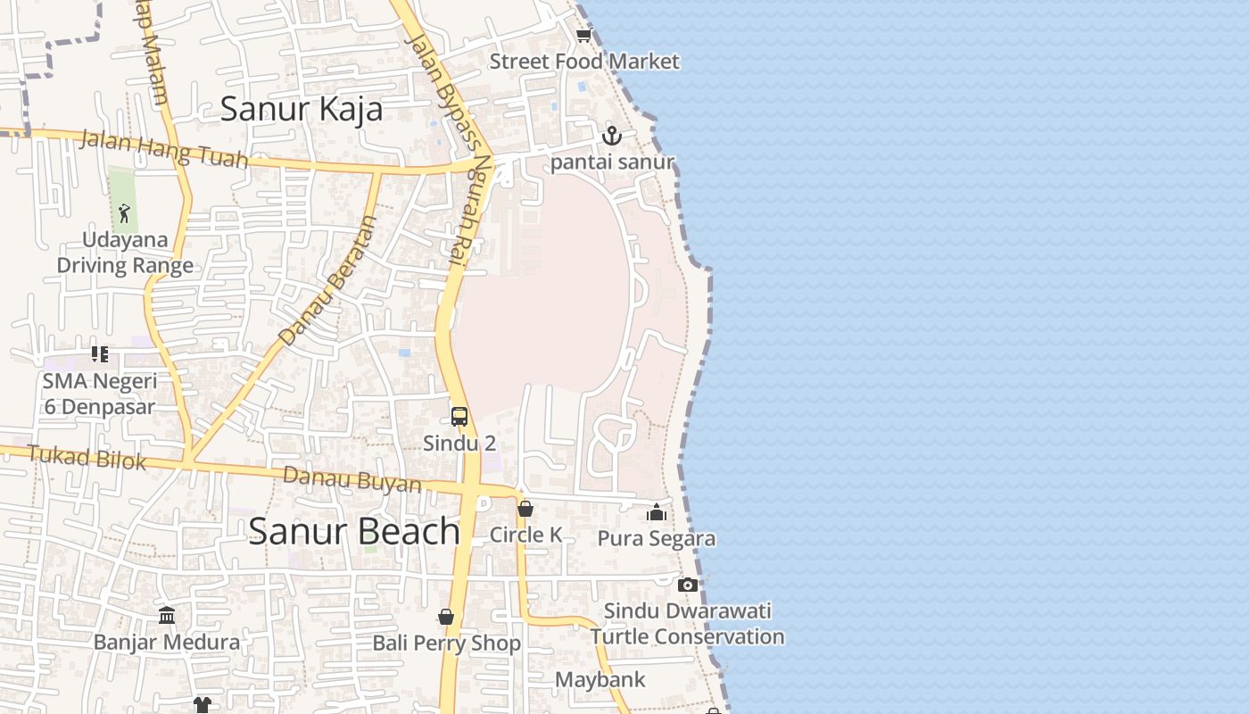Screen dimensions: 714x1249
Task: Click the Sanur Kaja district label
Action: (x=302, y=109)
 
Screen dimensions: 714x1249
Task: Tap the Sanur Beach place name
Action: (x=354, y=531)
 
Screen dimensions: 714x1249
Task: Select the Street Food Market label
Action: (x=584, y=62)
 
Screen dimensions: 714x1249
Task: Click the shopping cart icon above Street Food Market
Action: (x=583, y=36)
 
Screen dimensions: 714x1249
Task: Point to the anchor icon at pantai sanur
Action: (x=611, y=136)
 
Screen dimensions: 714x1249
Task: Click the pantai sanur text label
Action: (x=612, y=162)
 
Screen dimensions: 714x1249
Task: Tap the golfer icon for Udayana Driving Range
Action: (x=124, y=213)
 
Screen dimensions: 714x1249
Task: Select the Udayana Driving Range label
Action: (x=125, y=253)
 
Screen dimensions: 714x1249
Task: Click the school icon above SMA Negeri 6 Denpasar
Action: (x=100, y=354)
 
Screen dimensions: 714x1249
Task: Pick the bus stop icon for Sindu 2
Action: (x=459, y=416)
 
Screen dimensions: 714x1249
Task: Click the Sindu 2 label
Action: (x=459, y=444)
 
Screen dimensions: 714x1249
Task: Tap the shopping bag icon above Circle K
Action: (x=525, y=509)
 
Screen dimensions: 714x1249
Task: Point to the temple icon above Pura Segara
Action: (x=657, y=512)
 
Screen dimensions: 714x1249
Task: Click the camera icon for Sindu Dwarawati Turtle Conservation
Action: (x=687, y=585)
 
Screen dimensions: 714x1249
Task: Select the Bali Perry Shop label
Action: (x=446, y=643)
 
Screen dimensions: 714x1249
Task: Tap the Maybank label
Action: (x=600, y=680)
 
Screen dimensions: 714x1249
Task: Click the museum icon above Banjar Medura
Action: (x=167, y=615)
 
